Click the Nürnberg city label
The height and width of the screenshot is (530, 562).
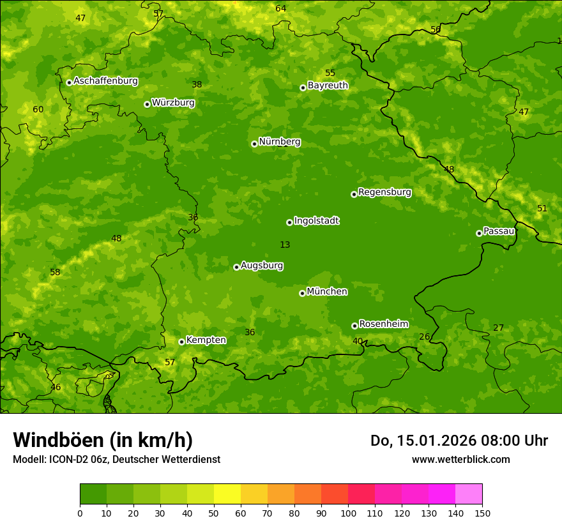pos(280,142)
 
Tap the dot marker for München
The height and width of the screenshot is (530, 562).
pos(302,293)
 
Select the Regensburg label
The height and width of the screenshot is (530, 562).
pos(384,192)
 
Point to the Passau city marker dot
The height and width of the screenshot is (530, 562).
pos(479,233)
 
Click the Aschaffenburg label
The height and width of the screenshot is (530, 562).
pos(105,81)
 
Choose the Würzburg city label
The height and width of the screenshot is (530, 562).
pos(173,103)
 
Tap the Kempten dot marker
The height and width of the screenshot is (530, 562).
pos(181,342)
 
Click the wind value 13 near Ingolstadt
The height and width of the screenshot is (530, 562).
pos(285,245)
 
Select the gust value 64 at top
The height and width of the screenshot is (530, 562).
pos(280,8)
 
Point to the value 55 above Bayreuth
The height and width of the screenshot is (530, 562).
pos(330,73)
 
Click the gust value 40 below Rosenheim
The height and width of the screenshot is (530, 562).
pos(358,341)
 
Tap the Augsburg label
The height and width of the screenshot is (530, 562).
pos(262,266)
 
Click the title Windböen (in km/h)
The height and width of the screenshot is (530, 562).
pos(103,440)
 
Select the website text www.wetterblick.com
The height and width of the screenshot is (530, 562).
pos(460,459)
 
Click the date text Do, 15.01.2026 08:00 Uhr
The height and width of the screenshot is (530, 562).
pos(459,441)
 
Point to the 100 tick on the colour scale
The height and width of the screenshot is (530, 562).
pos(348,513)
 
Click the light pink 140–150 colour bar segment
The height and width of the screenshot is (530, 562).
pos(469,494)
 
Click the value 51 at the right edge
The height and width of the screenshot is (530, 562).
pos(542,209)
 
